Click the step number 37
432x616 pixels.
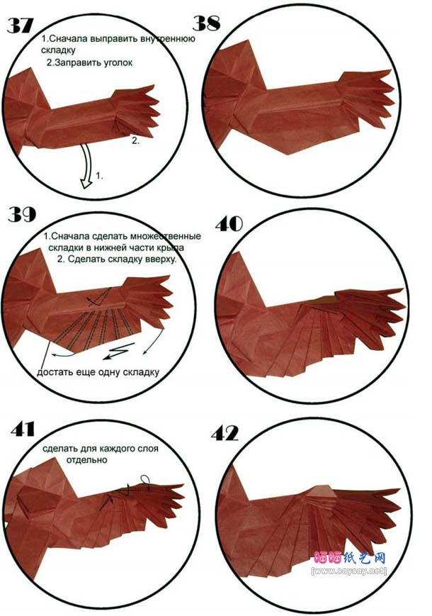[21, 26]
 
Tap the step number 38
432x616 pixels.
[206, 23]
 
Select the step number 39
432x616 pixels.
[22, 215]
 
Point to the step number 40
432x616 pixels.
[229, 224]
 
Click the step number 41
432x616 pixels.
[23, 430]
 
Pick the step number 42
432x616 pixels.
[224, 434]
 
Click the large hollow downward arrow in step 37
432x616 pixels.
[86, 166]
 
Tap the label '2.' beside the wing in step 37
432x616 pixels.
[135, 140]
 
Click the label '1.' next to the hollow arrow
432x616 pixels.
[99, 176]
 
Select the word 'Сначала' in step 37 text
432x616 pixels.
[69, 39]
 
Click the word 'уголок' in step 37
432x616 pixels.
[118, 62]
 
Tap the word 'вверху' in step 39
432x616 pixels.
[161, 259]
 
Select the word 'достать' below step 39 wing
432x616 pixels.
[52, 372]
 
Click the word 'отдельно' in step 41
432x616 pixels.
[86, 459]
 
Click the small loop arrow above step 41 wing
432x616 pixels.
[146, 481]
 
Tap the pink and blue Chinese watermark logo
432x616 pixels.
[350, 558]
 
